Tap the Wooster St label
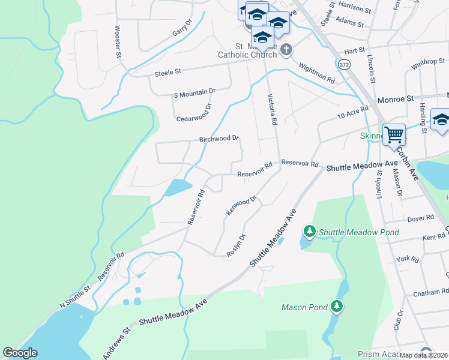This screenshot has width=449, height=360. point(118,41)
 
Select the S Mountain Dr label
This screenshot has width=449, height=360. point(194,92)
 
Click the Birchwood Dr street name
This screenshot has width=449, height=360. point(219,139)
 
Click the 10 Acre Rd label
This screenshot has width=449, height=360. point(352,112)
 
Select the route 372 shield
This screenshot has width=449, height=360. point(343,64)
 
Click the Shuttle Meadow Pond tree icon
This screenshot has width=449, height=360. point(310,231)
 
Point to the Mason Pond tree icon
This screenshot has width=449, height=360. point(337,307)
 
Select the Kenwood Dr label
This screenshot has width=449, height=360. point(241,205)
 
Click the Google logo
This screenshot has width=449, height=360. point(20,353)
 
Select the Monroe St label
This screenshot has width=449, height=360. point(396,97)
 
